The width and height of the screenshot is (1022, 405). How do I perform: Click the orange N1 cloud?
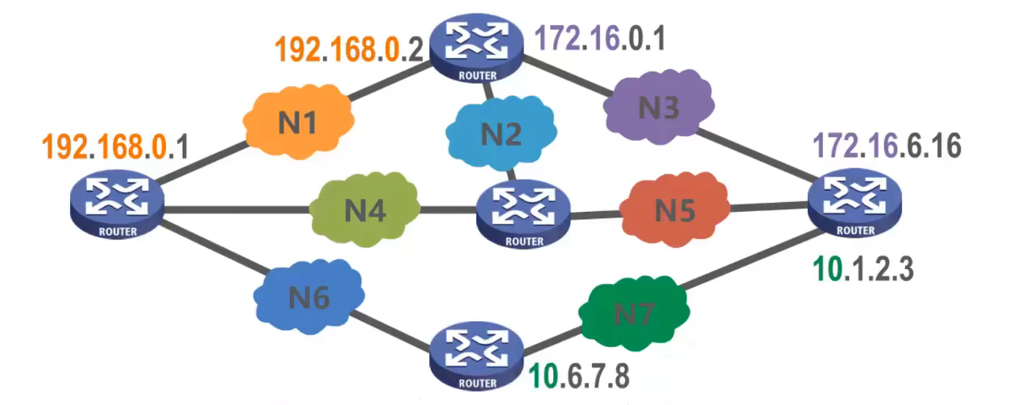coord(298,123)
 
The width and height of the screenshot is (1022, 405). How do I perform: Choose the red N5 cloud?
coord(674,209)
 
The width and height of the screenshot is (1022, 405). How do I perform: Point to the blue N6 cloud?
coord(309,298)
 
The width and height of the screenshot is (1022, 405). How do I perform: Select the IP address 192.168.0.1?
coord(114,147)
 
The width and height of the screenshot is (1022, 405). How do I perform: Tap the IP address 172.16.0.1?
coord(601,38)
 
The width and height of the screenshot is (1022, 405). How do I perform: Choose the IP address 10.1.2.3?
coord(863,269)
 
